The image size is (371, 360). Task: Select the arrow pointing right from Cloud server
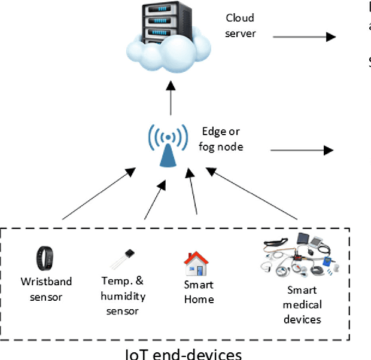click(x=303, y=36)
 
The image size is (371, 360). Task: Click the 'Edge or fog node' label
click(x=223, y=139)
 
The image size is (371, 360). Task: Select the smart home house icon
click(x=195, y=263)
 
